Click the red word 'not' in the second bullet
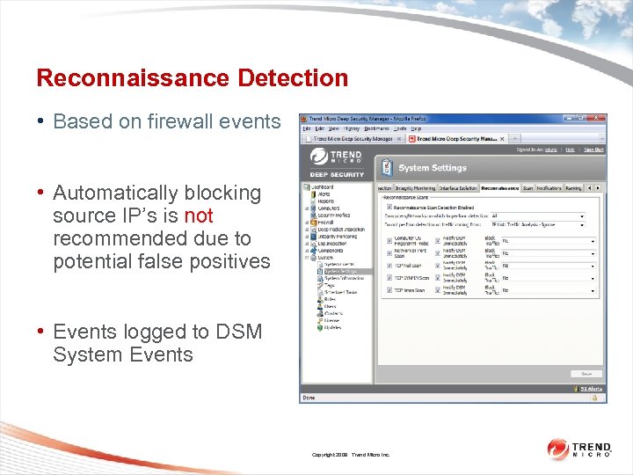(199, 216)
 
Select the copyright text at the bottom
(350, 455)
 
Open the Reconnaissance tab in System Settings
(500, 187)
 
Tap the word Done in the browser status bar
(309, 398)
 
